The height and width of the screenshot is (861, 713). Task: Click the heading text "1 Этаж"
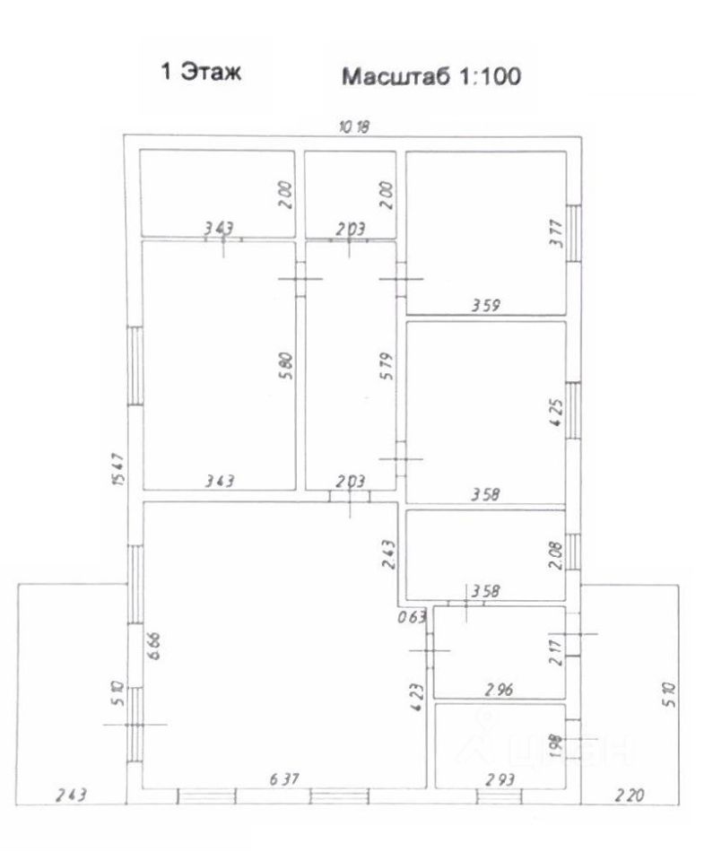201,73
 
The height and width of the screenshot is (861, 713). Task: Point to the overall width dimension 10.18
352,126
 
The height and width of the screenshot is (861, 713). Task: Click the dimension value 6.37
283,780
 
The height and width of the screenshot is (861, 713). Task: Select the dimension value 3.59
486,306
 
